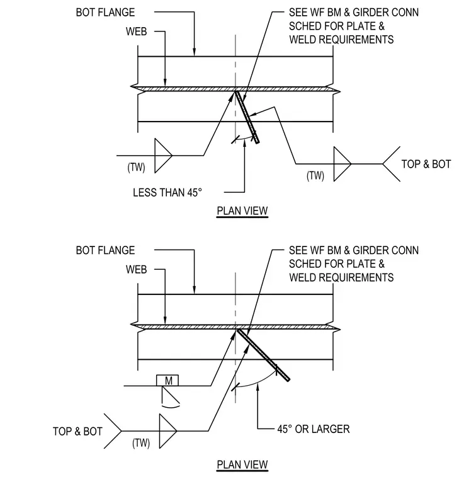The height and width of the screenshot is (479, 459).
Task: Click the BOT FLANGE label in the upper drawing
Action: click(105, 12)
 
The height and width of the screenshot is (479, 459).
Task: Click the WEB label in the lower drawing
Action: click(136, 270)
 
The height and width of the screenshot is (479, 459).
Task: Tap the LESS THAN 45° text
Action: click(167, 192)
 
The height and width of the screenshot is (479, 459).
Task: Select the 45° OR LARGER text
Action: click(314, 429)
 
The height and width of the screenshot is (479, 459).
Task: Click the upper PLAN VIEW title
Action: click(242, 211)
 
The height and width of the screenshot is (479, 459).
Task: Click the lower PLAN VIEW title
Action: click(242, 465)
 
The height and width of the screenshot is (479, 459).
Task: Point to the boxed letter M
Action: click(167, 381)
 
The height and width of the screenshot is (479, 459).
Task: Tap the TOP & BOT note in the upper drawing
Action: click(426, 164)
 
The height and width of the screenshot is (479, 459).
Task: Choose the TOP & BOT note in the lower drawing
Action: click(77, 431)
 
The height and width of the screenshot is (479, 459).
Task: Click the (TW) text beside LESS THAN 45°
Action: click(136, 168)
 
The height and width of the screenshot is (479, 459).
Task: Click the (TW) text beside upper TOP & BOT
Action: click(315, 176)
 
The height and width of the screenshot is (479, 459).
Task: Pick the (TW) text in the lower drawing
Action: click(141, 443)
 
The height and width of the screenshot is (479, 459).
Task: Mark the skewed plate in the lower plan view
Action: click(263, 355)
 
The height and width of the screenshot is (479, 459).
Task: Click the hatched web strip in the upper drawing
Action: click(235, 89)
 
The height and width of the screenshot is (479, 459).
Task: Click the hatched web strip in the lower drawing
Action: click(235, 327)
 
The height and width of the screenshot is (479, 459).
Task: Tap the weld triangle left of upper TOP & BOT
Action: click(342, 164)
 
